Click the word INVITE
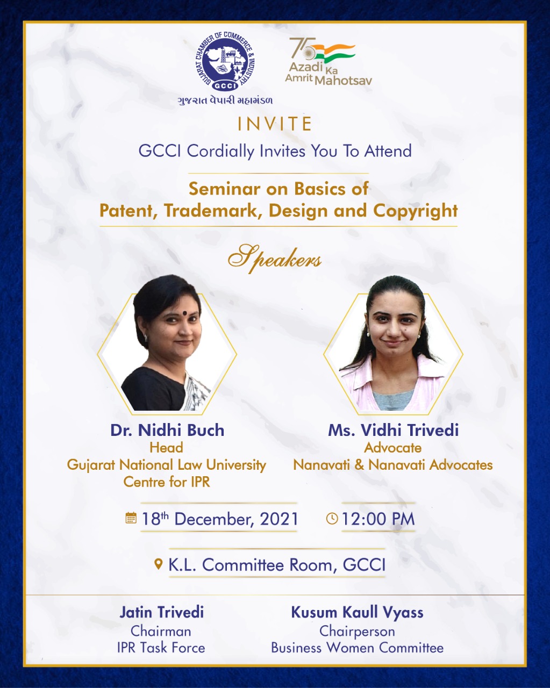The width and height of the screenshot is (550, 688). [275, 124]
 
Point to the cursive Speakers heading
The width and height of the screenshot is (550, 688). [275, 259]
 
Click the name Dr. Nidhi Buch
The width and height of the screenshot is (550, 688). [167, 430]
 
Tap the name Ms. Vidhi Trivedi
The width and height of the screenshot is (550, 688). [394, 430]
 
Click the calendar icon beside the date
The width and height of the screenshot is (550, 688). [131, 518]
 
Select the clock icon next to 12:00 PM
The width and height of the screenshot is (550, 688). [332, 519]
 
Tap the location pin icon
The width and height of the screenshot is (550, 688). [158, 564]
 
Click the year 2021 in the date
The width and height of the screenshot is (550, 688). [279, 519]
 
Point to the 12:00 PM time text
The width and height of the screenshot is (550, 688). [378, 519]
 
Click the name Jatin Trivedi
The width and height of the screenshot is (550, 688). [161, 612]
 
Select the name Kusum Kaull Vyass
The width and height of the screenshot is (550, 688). [357, 613]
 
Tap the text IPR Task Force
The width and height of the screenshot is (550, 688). [161, 648]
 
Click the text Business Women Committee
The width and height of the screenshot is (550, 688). [357, 648]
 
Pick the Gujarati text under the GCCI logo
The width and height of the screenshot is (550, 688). [225, 101]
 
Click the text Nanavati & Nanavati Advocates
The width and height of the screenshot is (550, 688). [393, 465]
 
